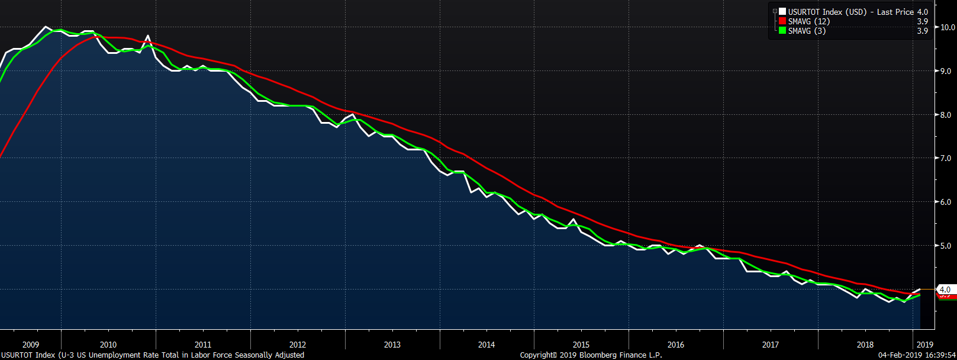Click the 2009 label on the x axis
click(31, 345)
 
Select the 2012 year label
click(298, 345)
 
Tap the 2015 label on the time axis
click(581, 345)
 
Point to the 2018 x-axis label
click(865, 345)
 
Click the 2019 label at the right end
click(924, 345)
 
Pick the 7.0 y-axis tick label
click(946, 158)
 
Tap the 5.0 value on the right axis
click(946, 246)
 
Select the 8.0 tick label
click(946, 115)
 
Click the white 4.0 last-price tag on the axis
click(945, 290)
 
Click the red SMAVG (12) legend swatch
click(782, 21)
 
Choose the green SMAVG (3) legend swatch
click(782, 31)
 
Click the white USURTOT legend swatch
click(782, 12)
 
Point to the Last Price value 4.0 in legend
click(922, 12)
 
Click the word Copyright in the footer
click(538, 355)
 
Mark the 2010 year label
click(108, 345)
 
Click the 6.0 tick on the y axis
click(946, 202)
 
